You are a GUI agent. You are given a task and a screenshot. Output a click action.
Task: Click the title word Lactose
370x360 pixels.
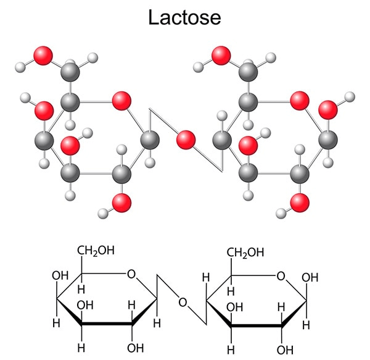point(184,17)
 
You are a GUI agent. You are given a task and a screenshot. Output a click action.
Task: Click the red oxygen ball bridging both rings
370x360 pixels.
point(186,140)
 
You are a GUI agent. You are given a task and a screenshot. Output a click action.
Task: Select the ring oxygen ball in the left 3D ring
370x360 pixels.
point(121,101)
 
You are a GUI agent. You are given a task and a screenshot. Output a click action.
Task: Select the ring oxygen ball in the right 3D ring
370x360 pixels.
point(300,101)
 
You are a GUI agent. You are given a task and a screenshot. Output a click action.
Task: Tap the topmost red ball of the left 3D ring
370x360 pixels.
point(43,56)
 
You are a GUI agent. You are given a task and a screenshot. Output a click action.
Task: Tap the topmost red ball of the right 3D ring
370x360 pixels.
point(221,56)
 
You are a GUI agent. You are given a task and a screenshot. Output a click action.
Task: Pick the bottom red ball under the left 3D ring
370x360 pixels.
point(121,203)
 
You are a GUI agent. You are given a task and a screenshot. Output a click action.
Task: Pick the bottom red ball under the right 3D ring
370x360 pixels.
point(300,203)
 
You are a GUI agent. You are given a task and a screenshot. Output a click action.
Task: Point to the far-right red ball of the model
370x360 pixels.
point(328,110)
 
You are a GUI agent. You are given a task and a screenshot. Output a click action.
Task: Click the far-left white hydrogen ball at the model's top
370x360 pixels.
point(20,67)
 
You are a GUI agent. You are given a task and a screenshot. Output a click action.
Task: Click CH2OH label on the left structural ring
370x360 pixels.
point(96,251)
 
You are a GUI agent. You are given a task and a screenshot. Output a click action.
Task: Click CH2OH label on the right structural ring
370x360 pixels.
point(245,253)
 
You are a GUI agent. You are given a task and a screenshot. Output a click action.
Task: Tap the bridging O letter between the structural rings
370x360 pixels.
point(183,303)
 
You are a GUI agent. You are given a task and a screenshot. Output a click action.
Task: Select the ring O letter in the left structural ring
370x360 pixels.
point(131,274)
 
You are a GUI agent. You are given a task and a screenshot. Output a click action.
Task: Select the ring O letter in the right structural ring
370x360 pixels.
point(281,276)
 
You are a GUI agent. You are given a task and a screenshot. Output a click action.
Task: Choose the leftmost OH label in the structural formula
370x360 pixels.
point(60,275)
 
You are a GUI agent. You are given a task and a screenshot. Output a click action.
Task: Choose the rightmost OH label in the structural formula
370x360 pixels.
point(310,277)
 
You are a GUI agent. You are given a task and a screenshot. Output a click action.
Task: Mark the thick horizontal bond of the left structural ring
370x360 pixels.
point(107,324)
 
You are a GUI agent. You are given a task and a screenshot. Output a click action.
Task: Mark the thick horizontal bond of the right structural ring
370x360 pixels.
point(257,325)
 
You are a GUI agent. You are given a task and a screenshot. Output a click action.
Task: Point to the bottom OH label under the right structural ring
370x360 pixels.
point(286,350)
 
